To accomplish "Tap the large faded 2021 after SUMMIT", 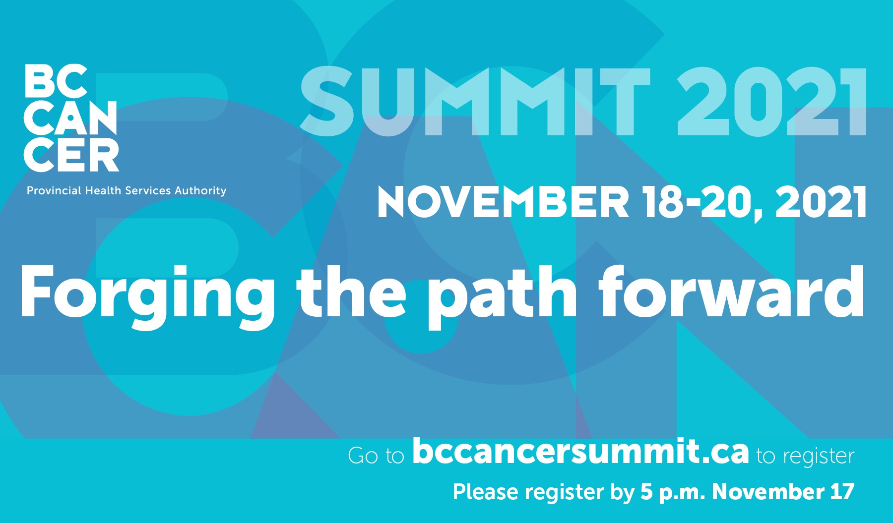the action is click(772, 102).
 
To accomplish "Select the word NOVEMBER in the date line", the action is click(503, 202).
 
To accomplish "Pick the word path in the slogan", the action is click(502, 296).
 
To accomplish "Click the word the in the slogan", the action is click(351, 292).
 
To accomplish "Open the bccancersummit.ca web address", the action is click(580, 451).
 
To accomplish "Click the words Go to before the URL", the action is click(377, 456).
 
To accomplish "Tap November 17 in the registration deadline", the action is click(783, 491).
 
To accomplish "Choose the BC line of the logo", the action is click(56, 81).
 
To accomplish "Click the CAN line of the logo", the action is click(70, 118).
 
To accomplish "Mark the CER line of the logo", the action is click(71, 155).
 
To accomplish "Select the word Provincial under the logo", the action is click(54, 190).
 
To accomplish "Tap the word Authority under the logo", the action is click(200, 191).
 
